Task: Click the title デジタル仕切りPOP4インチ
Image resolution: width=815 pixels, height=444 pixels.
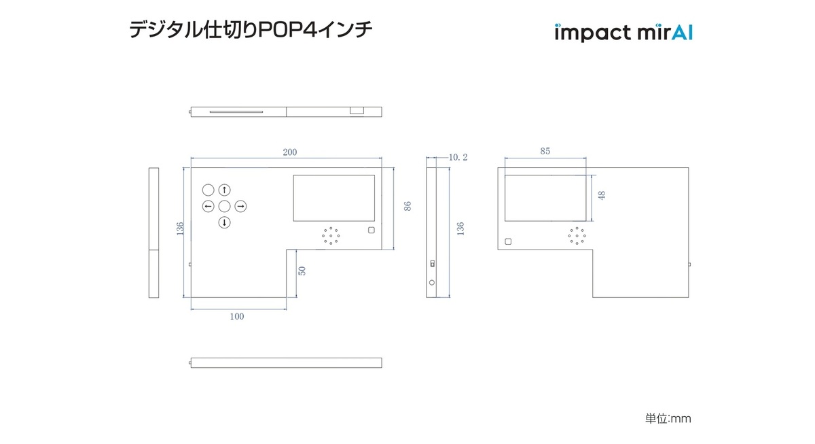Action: click(x=251, y=31)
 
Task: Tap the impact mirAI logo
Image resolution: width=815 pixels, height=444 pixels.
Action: click(x=623, y=33)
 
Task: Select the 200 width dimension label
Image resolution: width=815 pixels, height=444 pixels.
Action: click(x=290, y=152)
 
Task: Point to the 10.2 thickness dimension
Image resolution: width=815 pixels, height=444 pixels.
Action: click(x=458, y=157)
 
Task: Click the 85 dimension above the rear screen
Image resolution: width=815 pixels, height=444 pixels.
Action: click(x=545, y=152)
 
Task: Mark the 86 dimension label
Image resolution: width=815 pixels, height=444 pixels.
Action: click(x=407, y=206)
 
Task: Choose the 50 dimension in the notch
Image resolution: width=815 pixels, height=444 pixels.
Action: click(x=302, y=271)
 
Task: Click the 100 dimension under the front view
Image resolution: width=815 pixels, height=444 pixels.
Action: click(x=237, y=316)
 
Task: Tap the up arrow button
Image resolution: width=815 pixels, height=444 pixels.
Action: click(x=225, y=190)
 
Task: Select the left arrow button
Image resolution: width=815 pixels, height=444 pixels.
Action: click(x=209, y=206)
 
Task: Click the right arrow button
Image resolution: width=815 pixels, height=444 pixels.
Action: click(x=241, y=206)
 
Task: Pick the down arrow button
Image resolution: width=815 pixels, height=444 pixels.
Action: click(x=225, y=222)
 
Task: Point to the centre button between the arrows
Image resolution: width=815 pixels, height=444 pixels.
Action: click(x=225, y=206)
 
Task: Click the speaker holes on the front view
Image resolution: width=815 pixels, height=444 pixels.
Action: click(x=331, y=235)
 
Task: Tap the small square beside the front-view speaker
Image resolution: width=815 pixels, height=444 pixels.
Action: click(x=371, y=230)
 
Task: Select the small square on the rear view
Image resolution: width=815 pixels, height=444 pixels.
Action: click(x=508, y=241)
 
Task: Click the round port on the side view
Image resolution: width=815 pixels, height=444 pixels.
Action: click(x=432, y=281)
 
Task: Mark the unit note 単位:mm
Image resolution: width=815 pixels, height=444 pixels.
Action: click(x=668, y=419)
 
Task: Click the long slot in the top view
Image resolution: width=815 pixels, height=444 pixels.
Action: click(x=236, y=112)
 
